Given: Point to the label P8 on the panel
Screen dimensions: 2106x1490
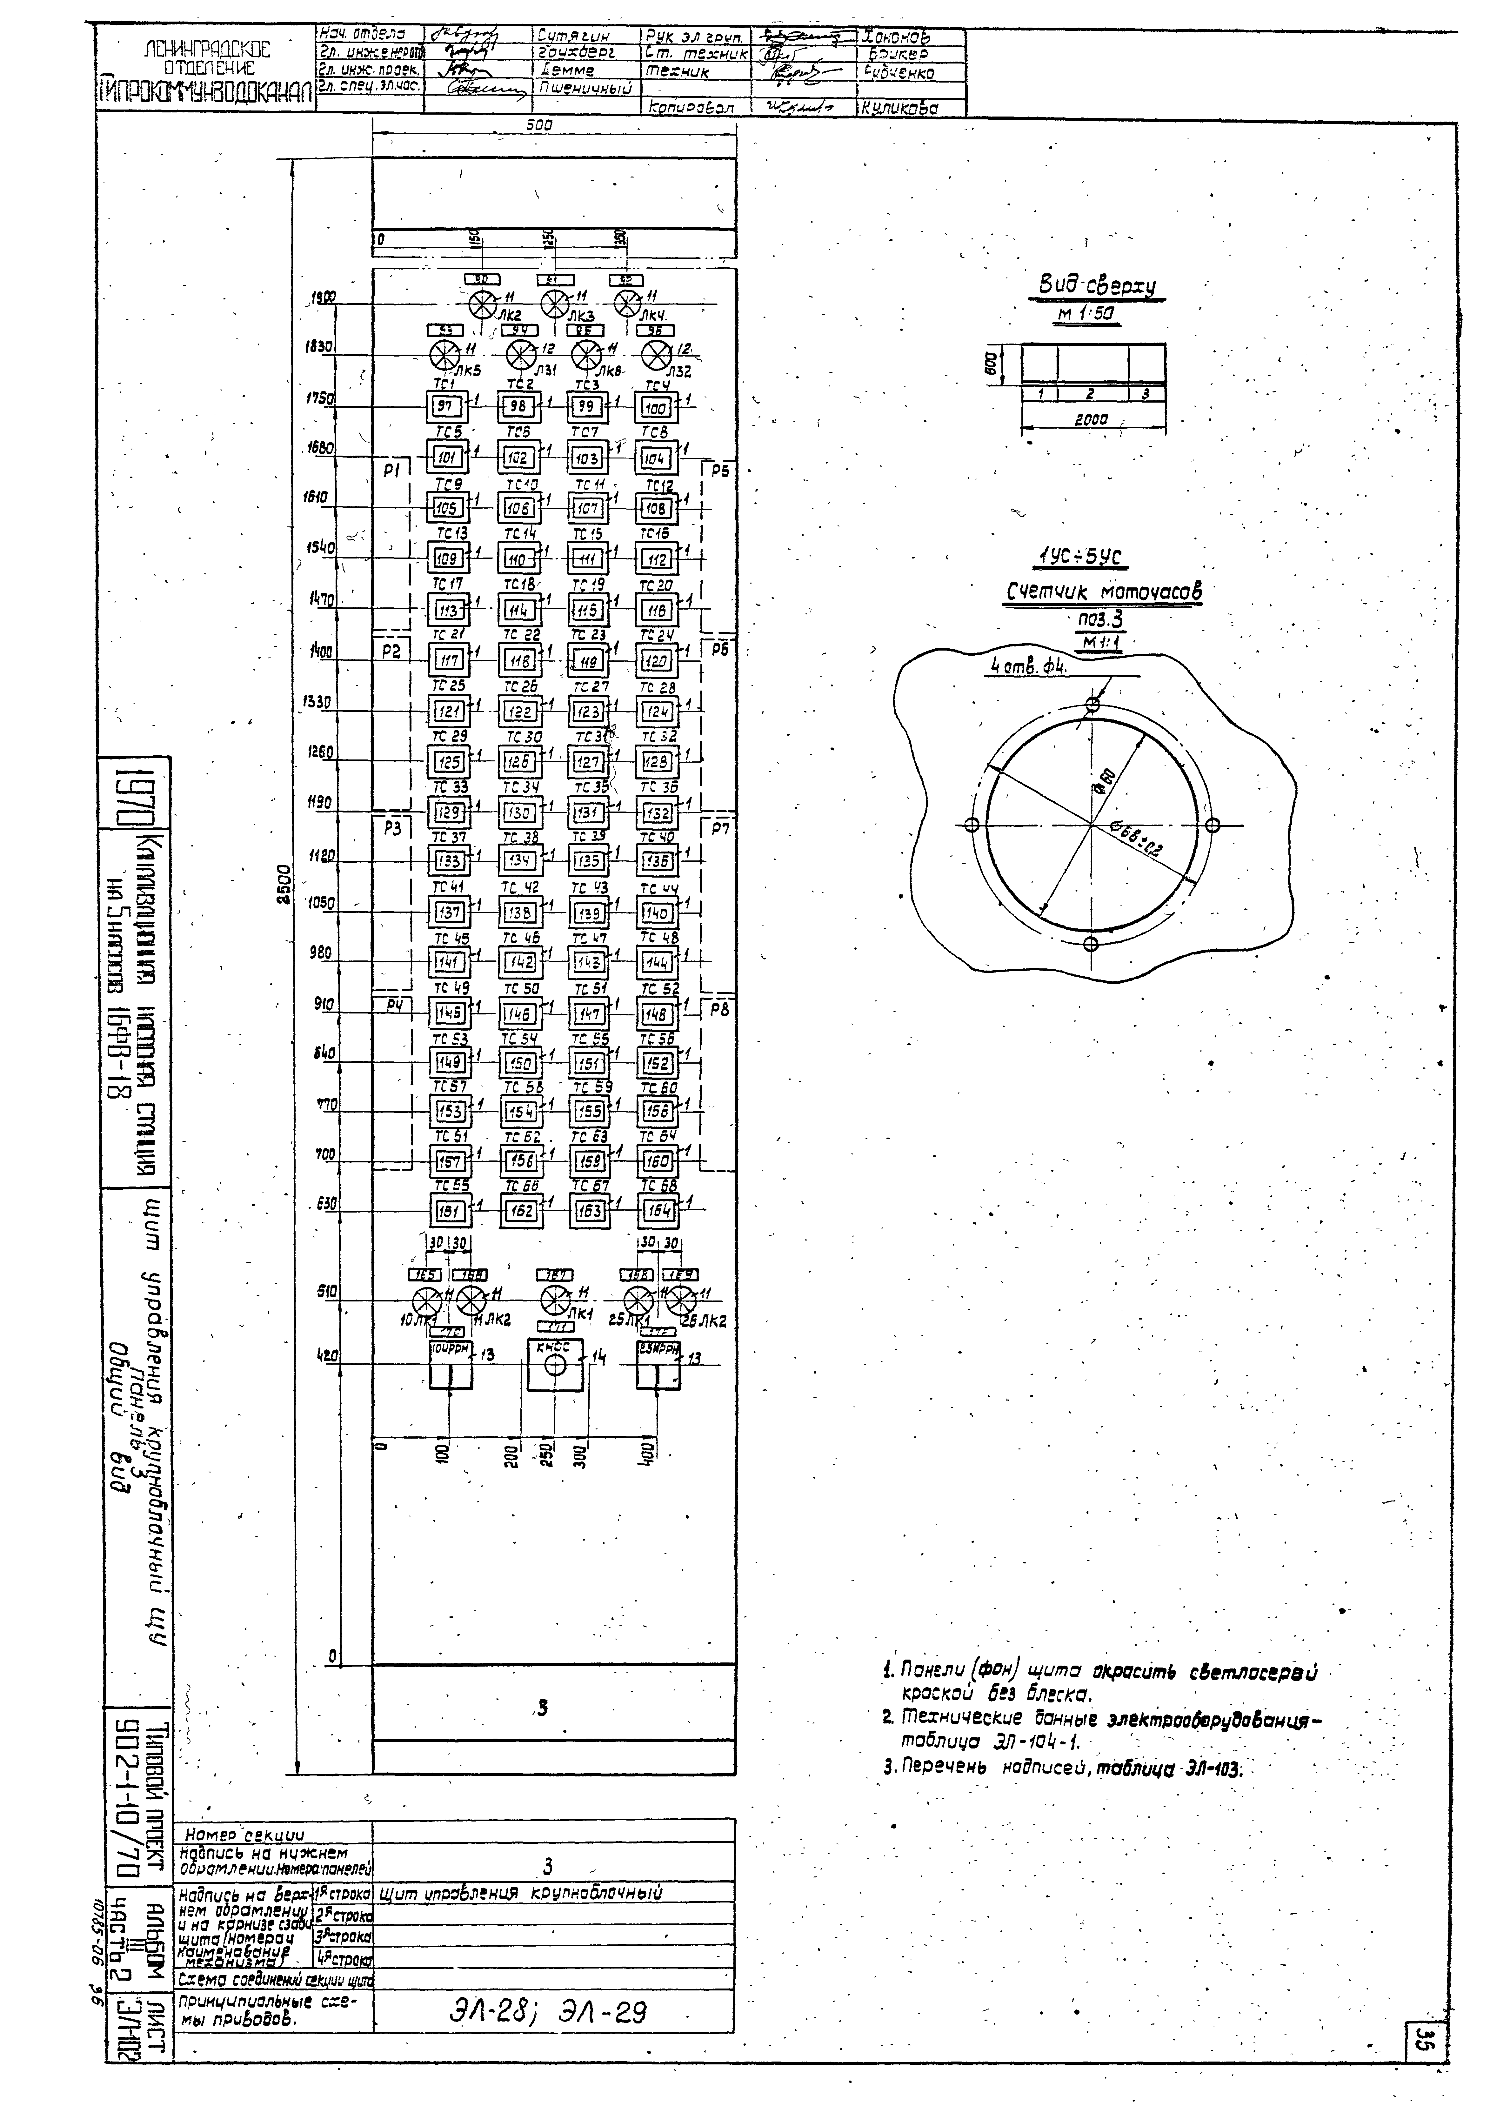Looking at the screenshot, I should (719, 1011).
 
